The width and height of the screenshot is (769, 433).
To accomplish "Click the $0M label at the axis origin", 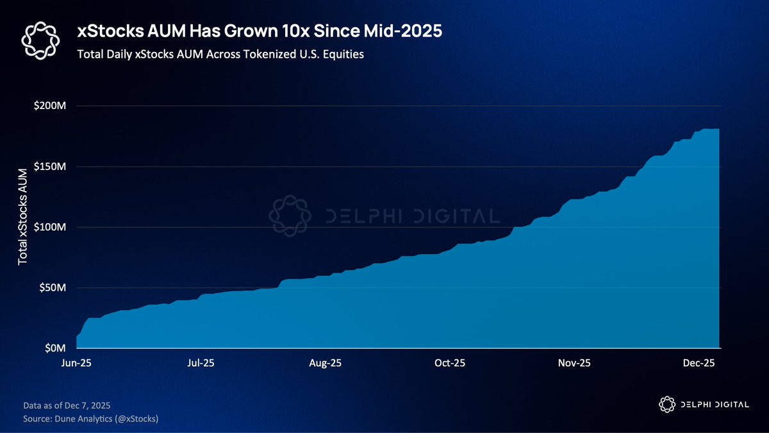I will click(57, 348).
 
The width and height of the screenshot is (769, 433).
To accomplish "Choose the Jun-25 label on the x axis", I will click(76, 363).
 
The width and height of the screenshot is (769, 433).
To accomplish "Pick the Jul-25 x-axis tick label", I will click(201, 363).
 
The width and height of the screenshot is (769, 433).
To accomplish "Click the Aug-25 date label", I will click(326, 363).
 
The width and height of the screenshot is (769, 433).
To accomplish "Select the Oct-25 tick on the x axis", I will click(450, 363).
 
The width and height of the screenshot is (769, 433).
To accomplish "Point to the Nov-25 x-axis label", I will click(574, 363).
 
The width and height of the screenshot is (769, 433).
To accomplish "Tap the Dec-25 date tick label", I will click(699, 363).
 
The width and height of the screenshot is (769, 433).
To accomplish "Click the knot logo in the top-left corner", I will click(40, 40).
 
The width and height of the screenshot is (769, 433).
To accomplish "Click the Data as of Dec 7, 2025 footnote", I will click(67, 405).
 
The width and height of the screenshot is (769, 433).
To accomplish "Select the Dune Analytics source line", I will click(90, 418).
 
